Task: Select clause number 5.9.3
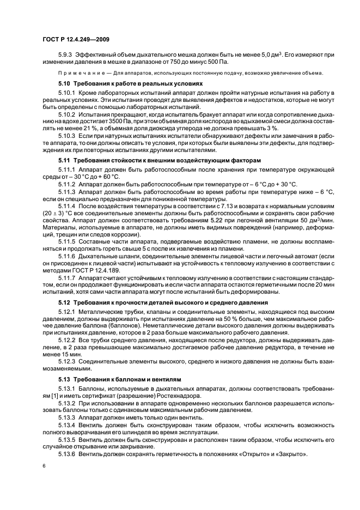coord(66,54)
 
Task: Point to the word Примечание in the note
coord(78,74)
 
